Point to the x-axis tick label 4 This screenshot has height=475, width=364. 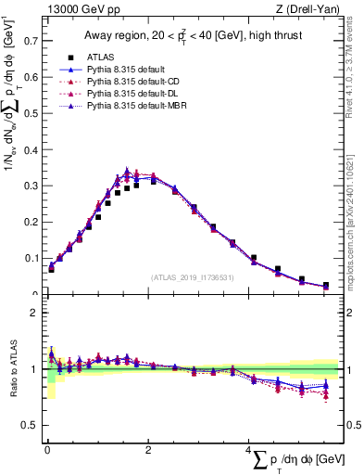pos(249,450)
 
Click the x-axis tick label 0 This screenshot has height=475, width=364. pos(47,450)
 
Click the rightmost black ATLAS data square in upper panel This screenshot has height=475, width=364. pos(325,286)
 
